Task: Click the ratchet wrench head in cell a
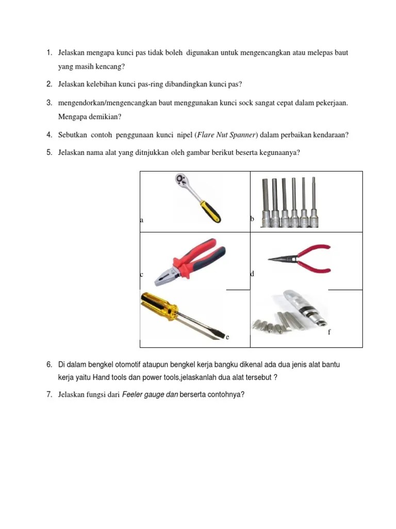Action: pos(181,181)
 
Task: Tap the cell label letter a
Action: pos(141,220)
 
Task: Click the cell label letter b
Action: pos(252,219)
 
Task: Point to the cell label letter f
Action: pos(329,332)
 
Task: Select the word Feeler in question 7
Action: pos(133,395)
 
